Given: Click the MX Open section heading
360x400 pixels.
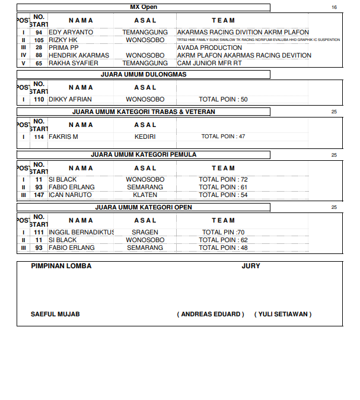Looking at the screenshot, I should [x=144, y=7].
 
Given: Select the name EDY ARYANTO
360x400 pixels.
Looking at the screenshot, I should [x=71, y=32].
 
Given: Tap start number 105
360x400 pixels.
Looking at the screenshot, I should [x=39, y=40].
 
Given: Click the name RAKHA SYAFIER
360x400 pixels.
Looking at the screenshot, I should [x=72, y=63].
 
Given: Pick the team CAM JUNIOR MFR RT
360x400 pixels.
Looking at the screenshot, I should [x=209, y=63].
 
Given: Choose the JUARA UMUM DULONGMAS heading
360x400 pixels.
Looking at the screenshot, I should [x=144, y=75].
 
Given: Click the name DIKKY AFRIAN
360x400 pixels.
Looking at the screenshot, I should [x=70, y=100].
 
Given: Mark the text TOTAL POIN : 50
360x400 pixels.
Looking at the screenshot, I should [x=223, y=100].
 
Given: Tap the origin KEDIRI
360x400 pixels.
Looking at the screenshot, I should [x=145, y=136].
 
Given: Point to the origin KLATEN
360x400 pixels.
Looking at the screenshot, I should [x=145, y=195].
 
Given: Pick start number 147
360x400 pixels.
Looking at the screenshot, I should [x=39, y=195].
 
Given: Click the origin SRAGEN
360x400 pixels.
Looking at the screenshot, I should [x=145, y=233].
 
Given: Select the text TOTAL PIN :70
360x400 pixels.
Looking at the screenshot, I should [x=223, y=233].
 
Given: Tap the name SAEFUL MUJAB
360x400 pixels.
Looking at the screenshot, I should [x=55, y=314].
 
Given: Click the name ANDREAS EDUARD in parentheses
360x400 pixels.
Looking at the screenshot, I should [x=211, y=314].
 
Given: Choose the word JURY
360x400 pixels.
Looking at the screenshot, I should [x=251, y=266].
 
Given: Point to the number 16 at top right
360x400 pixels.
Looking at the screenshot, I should [x=334, y=7].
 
